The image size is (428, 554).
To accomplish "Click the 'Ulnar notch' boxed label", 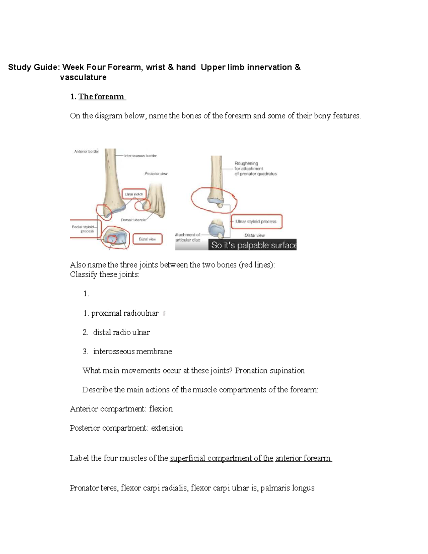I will [x=134, y=194].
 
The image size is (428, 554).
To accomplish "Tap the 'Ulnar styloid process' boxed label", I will [x=256, y=222].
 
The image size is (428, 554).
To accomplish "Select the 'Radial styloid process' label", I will [x=83, y=229].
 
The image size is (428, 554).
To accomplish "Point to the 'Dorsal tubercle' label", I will [x=133, y=220].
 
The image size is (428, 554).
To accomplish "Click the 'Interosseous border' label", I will [x=140, y=156].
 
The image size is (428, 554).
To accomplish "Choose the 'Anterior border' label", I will [x=86, y=151].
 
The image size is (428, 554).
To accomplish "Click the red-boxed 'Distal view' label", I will [x=147, y=239].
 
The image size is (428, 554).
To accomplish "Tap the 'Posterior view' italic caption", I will [x=156, y=174].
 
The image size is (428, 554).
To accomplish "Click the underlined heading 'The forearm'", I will [x=102, y=97].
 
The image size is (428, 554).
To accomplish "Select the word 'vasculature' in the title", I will [x=83, y=77].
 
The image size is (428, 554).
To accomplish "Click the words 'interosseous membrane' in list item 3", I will [x=132, y=351].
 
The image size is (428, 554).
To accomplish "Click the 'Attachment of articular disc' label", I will [x=188, y=237].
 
